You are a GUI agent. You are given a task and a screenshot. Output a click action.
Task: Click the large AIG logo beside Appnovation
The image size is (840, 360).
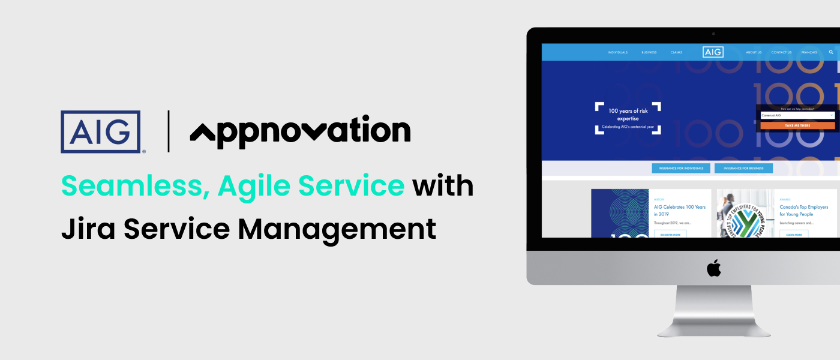tap(100, 131)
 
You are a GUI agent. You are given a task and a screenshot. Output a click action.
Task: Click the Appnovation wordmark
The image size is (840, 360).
tap(300, 131)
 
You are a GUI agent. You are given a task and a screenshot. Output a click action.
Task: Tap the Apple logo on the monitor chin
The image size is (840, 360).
tap(713, 268)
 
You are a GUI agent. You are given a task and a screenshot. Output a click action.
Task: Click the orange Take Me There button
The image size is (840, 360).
tap(797, 125)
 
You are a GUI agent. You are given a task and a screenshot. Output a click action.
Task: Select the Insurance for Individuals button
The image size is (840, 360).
tap(681, 169)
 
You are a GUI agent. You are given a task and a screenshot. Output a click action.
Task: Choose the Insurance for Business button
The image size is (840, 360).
tap(743, 169)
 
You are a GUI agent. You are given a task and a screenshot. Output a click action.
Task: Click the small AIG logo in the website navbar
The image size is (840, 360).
tap(713, 52)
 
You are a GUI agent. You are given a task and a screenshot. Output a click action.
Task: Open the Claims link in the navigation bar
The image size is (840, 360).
tap(676, 52)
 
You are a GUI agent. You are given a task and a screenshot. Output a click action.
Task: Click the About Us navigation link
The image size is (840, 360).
tap(754, 52)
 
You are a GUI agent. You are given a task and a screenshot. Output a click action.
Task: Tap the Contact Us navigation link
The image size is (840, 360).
tap(781, 52)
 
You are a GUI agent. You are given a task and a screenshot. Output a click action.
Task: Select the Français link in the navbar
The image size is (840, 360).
tap(809, 52)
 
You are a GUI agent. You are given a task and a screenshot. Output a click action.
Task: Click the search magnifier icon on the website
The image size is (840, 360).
tap(831, 52)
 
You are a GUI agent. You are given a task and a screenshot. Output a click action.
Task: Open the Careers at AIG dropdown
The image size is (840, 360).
tap(797, 115)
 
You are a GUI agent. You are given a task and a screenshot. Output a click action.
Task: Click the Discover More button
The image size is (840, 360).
tap(670, 235)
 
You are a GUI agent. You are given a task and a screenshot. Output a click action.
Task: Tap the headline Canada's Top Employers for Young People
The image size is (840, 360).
tap(803, 211)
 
